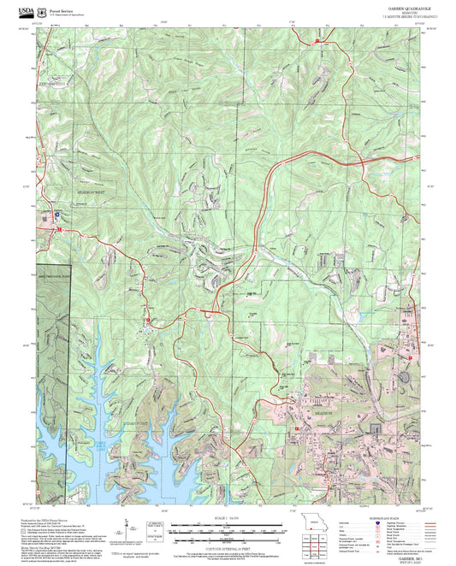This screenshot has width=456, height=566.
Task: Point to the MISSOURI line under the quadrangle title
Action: [x=394, y=11]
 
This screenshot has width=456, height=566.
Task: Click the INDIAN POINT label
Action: [x=140, y=398]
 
